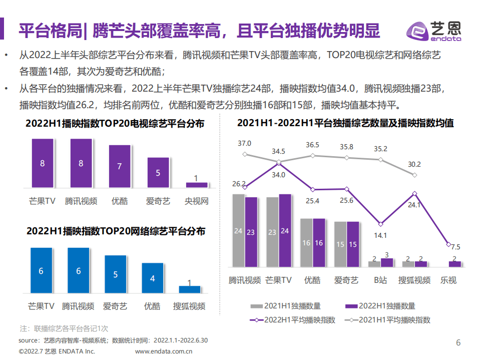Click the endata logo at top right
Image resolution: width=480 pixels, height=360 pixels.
click(434, 31)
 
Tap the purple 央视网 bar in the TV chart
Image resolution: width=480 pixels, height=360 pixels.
click(196, 185)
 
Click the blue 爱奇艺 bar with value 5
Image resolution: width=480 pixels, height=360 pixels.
click(115, 274)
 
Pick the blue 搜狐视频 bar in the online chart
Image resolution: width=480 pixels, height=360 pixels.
click(189, 289)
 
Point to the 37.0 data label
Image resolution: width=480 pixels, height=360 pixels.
click(244, 144)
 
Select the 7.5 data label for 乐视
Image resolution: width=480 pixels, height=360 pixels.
click(455, 247)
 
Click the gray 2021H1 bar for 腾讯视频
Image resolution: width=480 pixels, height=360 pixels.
click(239, 230)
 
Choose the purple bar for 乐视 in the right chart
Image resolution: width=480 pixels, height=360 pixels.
click(454, 264)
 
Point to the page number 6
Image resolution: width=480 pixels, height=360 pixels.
click(458, 343)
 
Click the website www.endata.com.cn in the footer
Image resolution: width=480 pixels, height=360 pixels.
click(164, 351)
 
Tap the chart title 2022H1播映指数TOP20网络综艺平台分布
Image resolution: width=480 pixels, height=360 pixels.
click(116, 231)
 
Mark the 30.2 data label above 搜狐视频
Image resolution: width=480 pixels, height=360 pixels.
click(414, 164)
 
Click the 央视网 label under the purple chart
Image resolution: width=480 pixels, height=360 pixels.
click(196, 201)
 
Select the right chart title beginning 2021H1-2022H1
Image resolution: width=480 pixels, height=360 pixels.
click(345, 123)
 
